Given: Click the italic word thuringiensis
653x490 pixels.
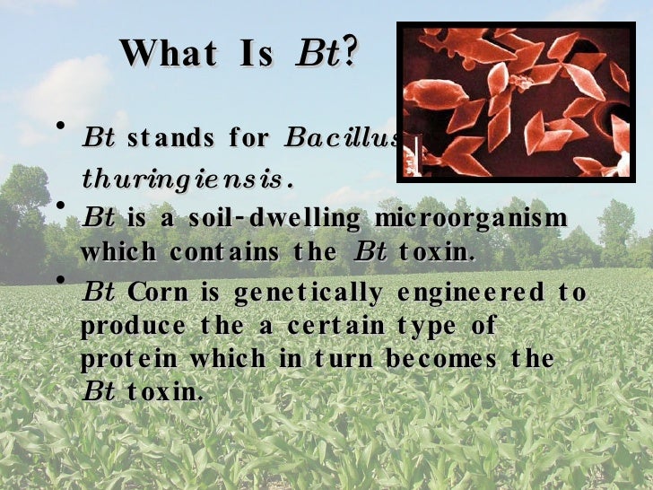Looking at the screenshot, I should pyautogui.click(x=188, y=178).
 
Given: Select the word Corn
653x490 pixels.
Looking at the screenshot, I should pyautogui.click(x=158, y=293).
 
